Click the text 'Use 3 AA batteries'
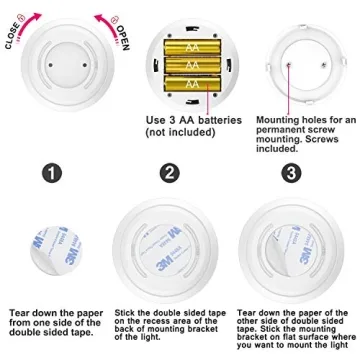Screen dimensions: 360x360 click(194, 121)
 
